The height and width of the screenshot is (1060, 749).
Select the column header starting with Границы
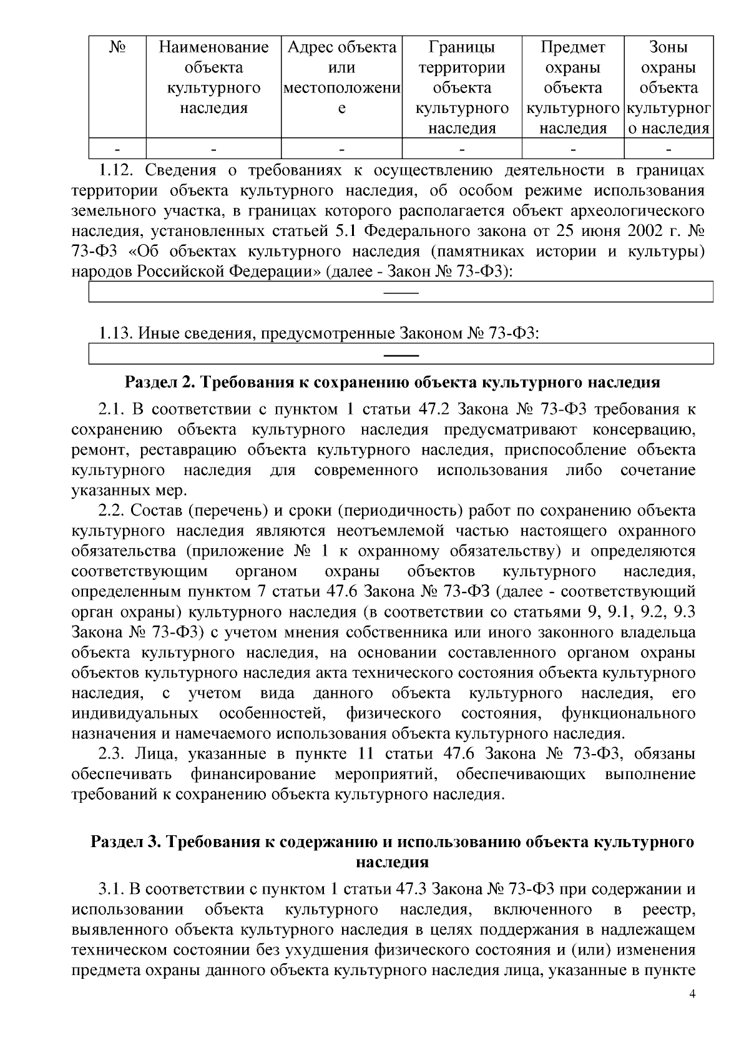point(462,87)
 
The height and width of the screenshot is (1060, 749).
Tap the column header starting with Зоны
point(668,87)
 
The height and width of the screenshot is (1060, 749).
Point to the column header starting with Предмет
point(573,87)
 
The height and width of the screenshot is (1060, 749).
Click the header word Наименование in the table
point(213,47)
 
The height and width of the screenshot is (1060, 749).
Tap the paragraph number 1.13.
point(116,333)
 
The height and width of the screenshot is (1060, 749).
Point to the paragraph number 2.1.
point(111,410)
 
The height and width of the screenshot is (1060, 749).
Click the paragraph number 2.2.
point(112,511)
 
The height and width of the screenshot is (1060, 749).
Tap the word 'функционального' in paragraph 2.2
point(628,713)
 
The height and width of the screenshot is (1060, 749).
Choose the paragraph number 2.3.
point(112,753)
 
